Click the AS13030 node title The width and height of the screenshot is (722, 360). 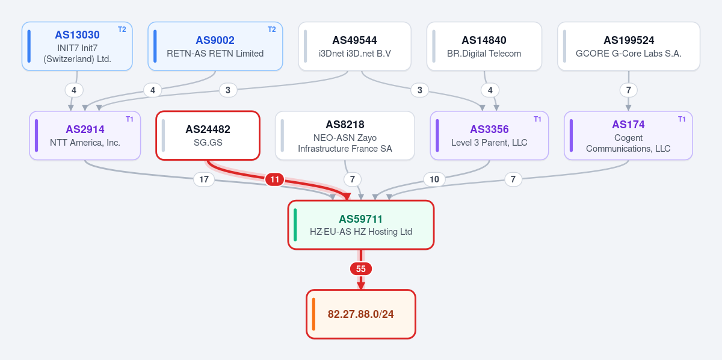click(x=77, y=35)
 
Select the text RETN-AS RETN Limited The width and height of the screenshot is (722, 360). click(x=215, y=54)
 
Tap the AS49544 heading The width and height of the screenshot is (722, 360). click(x=354, y=40)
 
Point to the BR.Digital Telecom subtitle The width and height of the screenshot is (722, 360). click(x=484, y=54)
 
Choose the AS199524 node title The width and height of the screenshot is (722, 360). click(x=629, y=40)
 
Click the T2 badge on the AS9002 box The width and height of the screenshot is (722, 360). click(x=272, y=29)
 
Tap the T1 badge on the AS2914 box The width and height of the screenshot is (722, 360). click(x=129, y=119)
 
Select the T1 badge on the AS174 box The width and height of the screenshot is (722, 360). click(x=682, y=119)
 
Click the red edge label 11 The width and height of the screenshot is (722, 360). click(x=274, y=179)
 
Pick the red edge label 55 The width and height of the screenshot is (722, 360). click(x=361, y=268)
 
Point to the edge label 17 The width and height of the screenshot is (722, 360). click(x=204, y=179)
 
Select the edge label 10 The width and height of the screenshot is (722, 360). click(x=434, y=179)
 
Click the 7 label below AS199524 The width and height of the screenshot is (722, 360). click(x=629, y=90)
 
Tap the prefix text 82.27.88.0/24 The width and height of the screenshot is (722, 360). click(x=360, y=314)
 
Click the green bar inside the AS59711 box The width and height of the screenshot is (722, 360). click(x=295, y=225)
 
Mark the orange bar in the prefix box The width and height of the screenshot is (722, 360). click(x=313, y=314)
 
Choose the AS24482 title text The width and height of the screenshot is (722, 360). click(x=208, y=129)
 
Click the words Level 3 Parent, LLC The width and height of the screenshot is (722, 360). click(x=489, y=143)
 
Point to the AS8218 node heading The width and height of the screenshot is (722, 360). click(x=345, y=125)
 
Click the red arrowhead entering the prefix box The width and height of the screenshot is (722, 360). click(x=361, y=285)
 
